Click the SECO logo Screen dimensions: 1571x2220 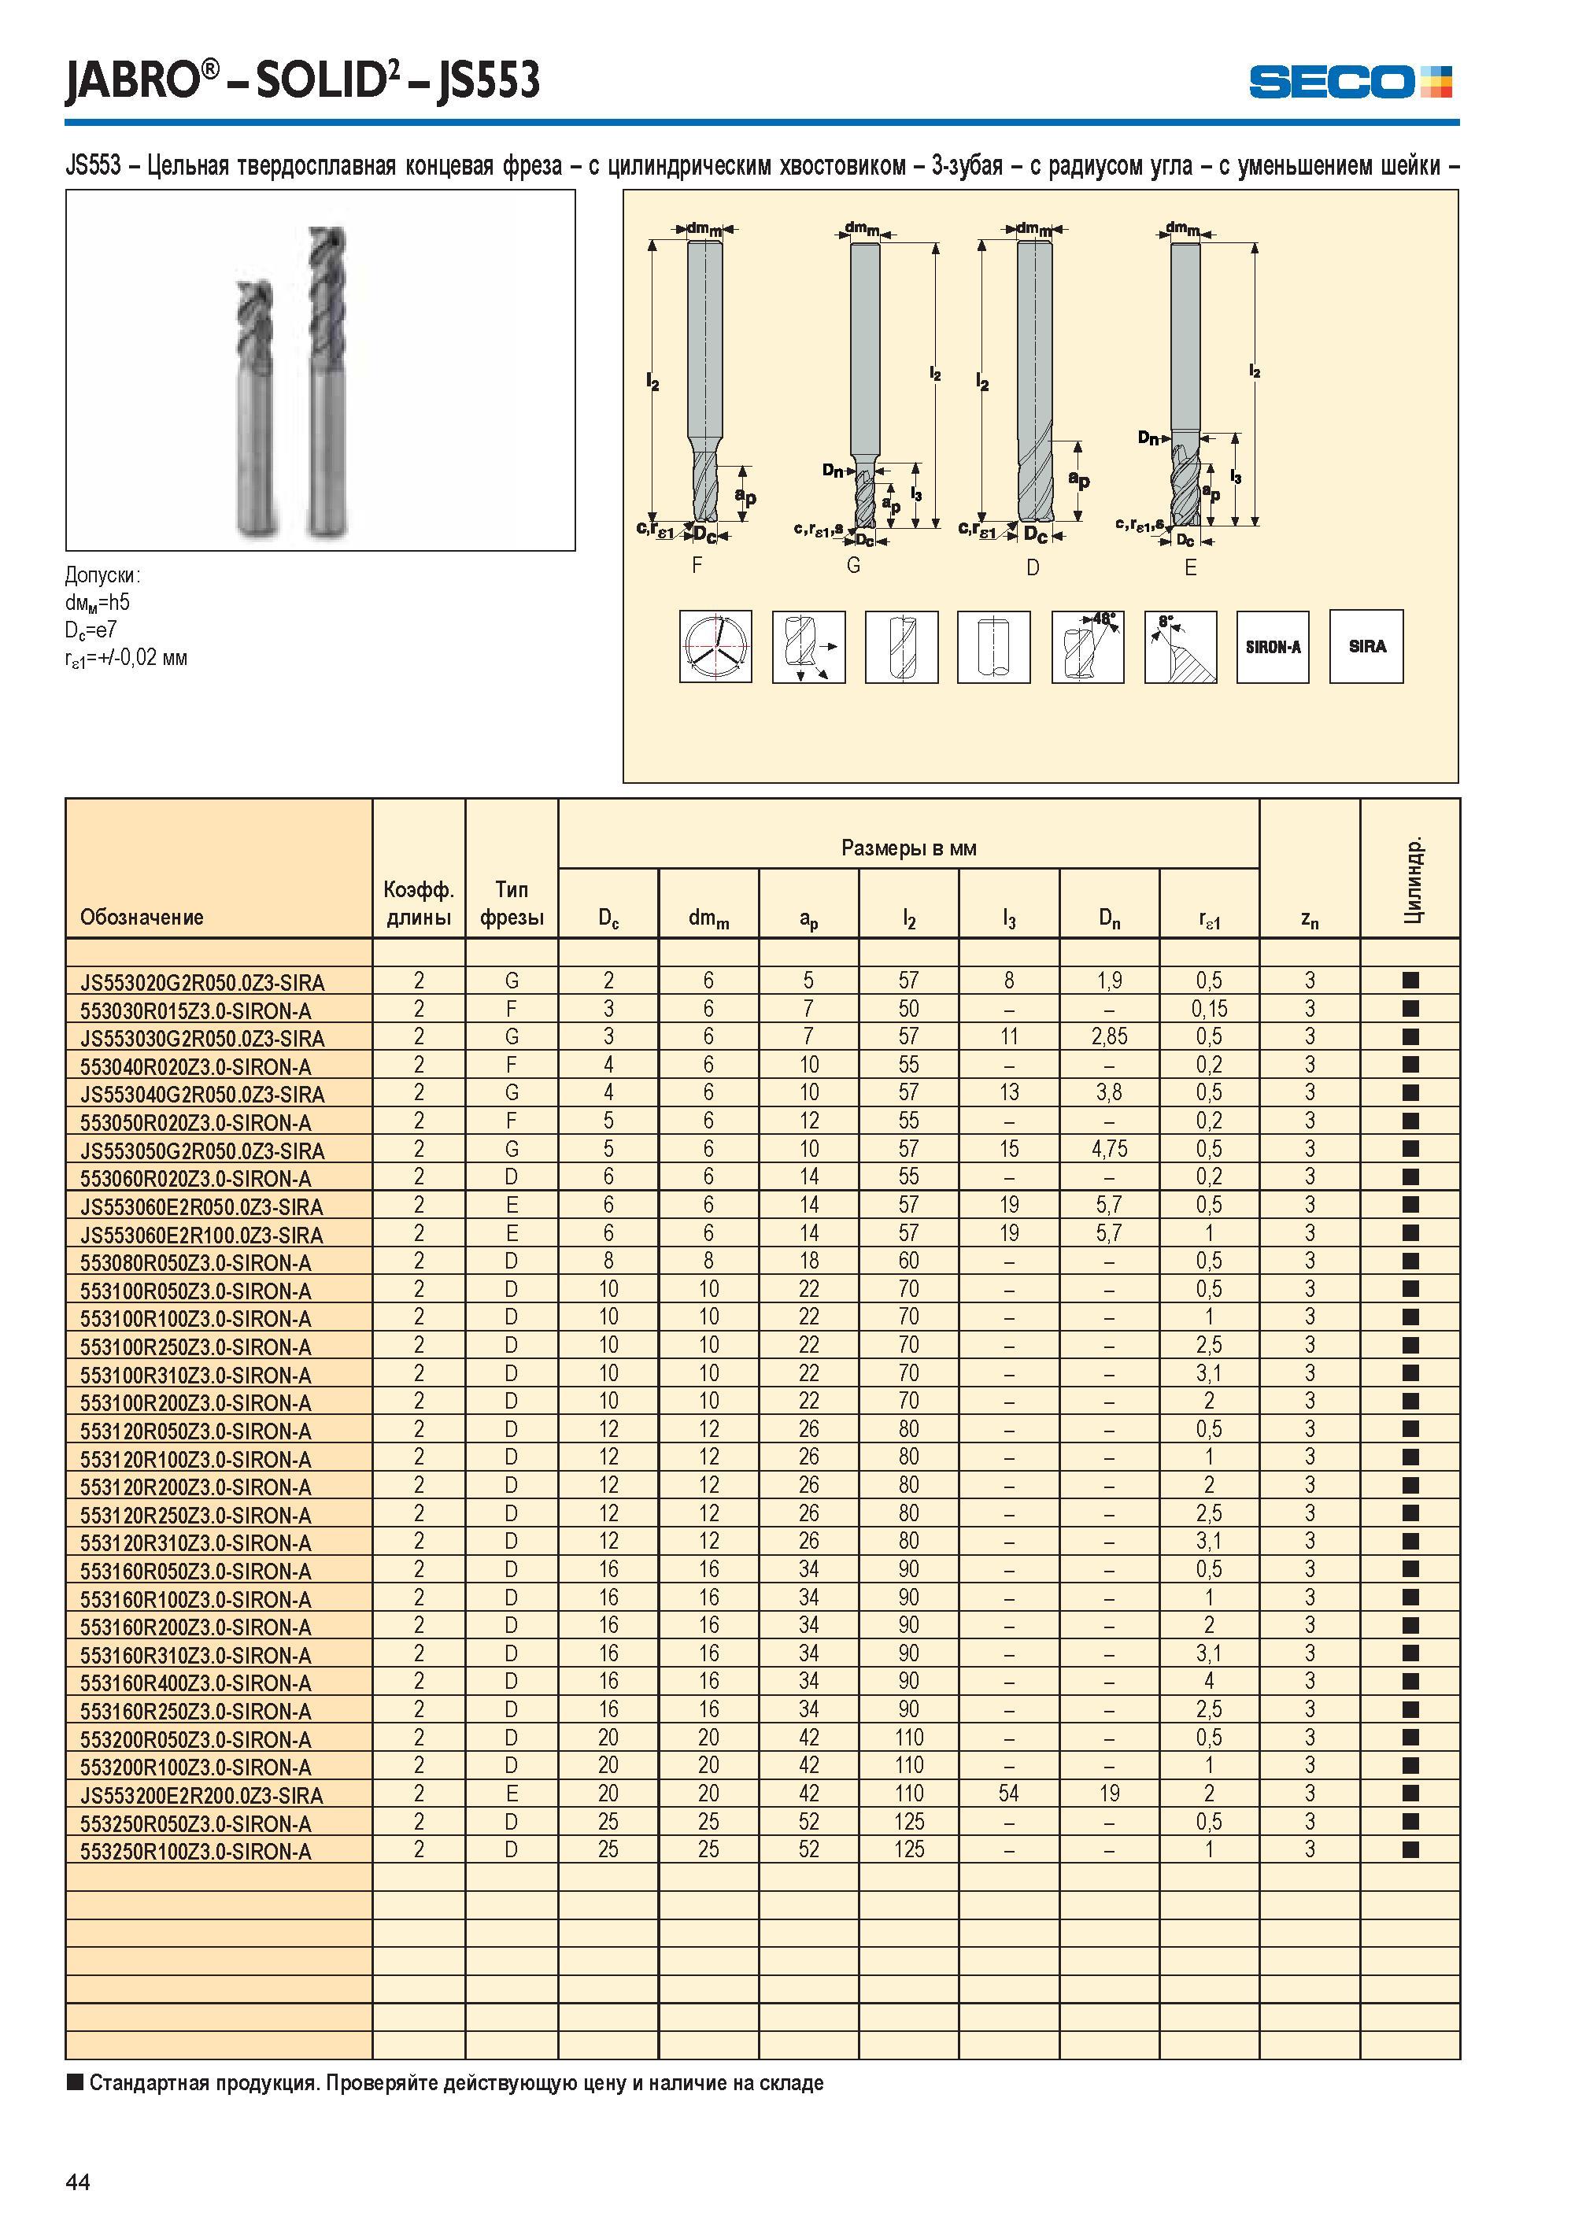coord(1350,82)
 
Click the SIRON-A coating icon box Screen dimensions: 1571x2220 coord(1272,647)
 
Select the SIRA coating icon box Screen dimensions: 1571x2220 coord(1366,646)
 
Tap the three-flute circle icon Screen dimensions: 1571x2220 coord(716,647)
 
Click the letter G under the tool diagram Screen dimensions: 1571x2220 coord(853,566)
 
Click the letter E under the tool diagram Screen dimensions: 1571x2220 coord(1191,569)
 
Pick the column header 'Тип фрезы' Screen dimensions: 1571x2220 coord(512,903)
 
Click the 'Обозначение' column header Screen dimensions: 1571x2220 coord(142,917)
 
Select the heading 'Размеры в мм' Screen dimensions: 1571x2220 coord(908,848)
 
